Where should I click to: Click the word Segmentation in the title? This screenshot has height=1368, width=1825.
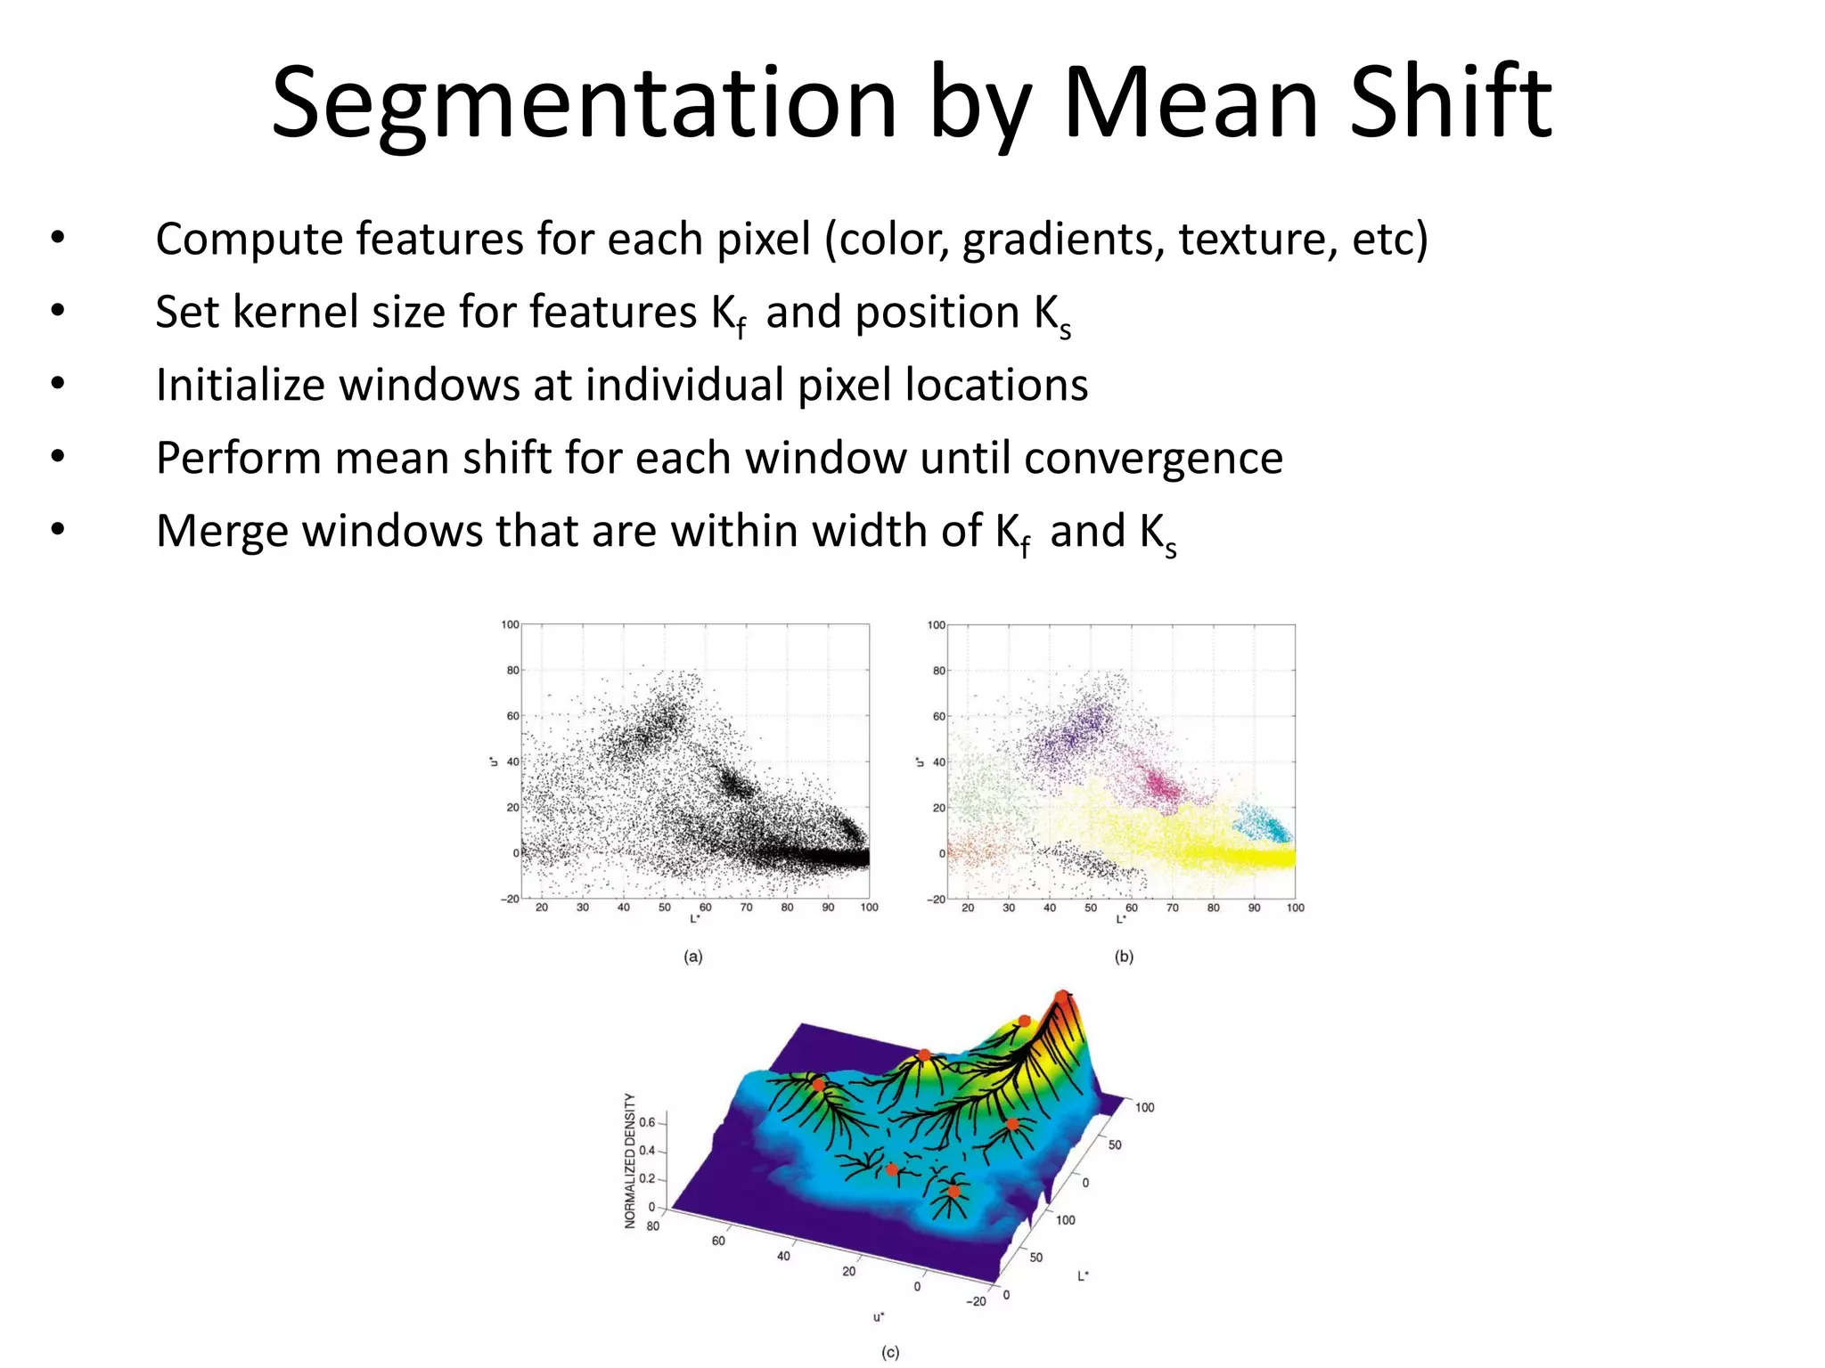[584, 105]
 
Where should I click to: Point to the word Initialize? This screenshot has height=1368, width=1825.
[240, 386]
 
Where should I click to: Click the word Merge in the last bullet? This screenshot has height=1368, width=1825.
[222, 532]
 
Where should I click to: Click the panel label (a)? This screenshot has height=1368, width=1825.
[693, 957]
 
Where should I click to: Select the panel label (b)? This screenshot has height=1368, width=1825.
[1124, 957]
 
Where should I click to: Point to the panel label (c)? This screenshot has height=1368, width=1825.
[890, 1352]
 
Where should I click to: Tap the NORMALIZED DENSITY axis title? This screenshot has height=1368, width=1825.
[630, 1160]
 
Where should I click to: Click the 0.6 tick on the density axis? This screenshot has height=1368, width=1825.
[647, 1122]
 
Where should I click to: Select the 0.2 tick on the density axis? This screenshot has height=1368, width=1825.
[647, 1178]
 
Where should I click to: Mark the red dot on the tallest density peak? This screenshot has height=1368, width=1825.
[1061, 996]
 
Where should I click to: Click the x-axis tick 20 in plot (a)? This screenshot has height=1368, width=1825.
[542, 908]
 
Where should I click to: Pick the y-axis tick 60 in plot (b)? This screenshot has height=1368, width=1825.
[938, 716]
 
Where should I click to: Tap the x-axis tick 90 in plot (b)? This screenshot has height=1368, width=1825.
[1254, 908]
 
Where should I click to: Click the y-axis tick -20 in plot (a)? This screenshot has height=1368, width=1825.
[509, 899]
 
